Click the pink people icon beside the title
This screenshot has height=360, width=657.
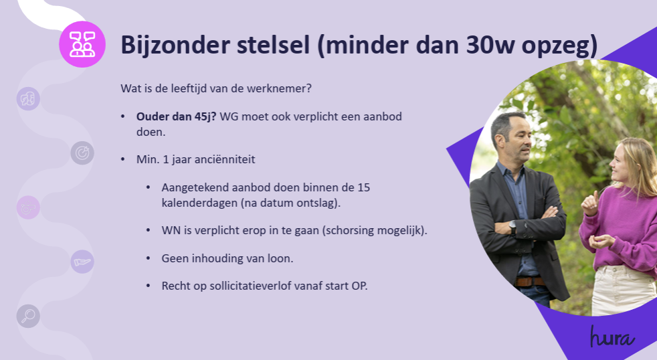[82, 44]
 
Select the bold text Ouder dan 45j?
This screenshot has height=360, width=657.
[177, 116]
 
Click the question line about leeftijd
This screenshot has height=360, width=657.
[216, 88]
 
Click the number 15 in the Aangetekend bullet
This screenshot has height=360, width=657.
[364, 187]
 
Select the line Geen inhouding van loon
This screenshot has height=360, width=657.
[227, 258]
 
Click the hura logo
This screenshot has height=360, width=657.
[612, 337]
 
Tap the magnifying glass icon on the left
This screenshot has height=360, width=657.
[29, 316]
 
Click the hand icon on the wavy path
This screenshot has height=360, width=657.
[82, 262]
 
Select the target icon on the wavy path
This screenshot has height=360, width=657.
[82, 153]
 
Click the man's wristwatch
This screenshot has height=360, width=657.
[512, 228]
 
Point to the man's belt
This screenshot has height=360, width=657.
[530, 281]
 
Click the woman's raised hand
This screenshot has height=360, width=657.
[590, 203]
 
